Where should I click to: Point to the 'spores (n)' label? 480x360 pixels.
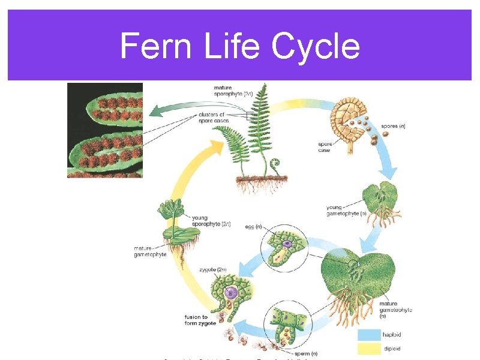[x=394, y=126]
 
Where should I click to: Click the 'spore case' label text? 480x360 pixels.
[x=325, y=146]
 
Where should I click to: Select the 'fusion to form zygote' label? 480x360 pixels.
[x=196, y=320]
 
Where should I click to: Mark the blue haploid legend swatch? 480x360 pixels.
[x=369, y=335]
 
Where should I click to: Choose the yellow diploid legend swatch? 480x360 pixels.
[x=369, y=348]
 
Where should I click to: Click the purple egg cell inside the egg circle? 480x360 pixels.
[x=287, y=243]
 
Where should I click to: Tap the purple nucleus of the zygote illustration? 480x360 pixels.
[x=230, y=293]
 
